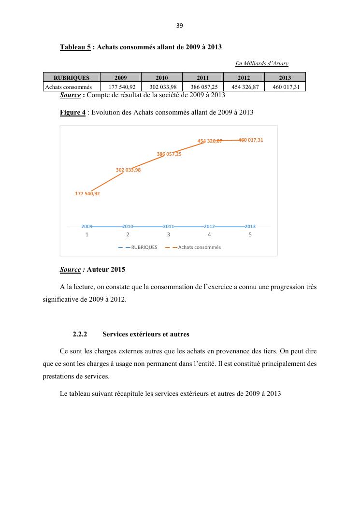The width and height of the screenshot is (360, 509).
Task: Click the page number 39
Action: coord(180,26)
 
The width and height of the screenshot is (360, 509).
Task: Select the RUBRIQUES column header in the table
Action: coord(72,77)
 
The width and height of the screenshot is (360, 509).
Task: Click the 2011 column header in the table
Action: coord(203,77)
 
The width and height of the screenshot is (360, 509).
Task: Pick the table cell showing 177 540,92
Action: coord(121,87)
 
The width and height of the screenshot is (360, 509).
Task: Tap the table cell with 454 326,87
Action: coord(244,87)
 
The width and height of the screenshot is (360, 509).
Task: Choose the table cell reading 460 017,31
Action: coord(285,87)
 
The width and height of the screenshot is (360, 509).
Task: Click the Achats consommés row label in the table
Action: coord(72,87)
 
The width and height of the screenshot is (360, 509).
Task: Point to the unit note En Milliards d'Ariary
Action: coord(261,63)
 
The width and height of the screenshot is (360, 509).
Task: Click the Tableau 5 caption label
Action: coord(75,47)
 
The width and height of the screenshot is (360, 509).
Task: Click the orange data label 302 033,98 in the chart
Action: coord(129,170)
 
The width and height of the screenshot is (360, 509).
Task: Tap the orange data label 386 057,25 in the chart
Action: coord(169,154)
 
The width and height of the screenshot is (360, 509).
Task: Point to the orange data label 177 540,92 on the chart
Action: coord(87,193)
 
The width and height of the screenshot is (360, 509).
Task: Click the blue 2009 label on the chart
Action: coord(87,226)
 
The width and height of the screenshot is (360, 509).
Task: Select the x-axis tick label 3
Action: coord(168,234)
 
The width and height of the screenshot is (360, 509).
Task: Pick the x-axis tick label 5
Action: coord(250,234)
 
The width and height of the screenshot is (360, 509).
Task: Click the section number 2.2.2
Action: coord(79,334)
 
